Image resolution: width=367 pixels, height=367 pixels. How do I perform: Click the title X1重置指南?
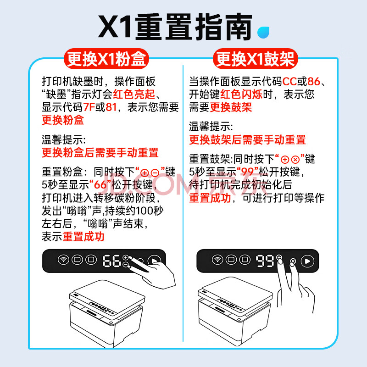point(175,27)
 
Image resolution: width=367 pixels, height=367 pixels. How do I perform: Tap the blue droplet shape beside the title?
point(263,32)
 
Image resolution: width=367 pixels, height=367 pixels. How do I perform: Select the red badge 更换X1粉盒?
point(106,59)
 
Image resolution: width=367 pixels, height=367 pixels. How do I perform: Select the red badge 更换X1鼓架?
point(256,59)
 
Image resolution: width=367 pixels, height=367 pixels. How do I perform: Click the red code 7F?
point(89,107)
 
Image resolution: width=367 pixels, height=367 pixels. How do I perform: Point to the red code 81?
point(111,107)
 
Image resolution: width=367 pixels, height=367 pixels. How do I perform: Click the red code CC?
point(289,82)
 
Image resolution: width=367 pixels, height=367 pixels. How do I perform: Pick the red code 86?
point(314,82)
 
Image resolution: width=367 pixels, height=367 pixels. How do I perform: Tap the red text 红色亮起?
point(134,95)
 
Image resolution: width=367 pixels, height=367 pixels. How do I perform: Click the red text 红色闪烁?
point(241,95)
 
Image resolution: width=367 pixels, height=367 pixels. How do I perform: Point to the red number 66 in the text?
point(100,185)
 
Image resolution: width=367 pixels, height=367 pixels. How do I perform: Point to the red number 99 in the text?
point(248,172)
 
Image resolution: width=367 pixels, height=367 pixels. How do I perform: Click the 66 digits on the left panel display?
point(112,261)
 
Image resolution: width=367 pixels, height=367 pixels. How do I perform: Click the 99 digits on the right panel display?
point(265,261)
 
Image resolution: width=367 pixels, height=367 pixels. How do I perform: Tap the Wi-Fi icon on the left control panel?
point(63,260)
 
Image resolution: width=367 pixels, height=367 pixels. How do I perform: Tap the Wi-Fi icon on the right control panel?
point(217,260)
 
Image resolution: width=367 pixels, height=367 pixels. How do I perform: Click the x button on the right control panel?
point(293,261)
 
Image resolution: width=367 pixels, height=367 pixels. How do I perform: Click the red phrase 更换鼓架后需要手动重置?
point(247,140)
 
